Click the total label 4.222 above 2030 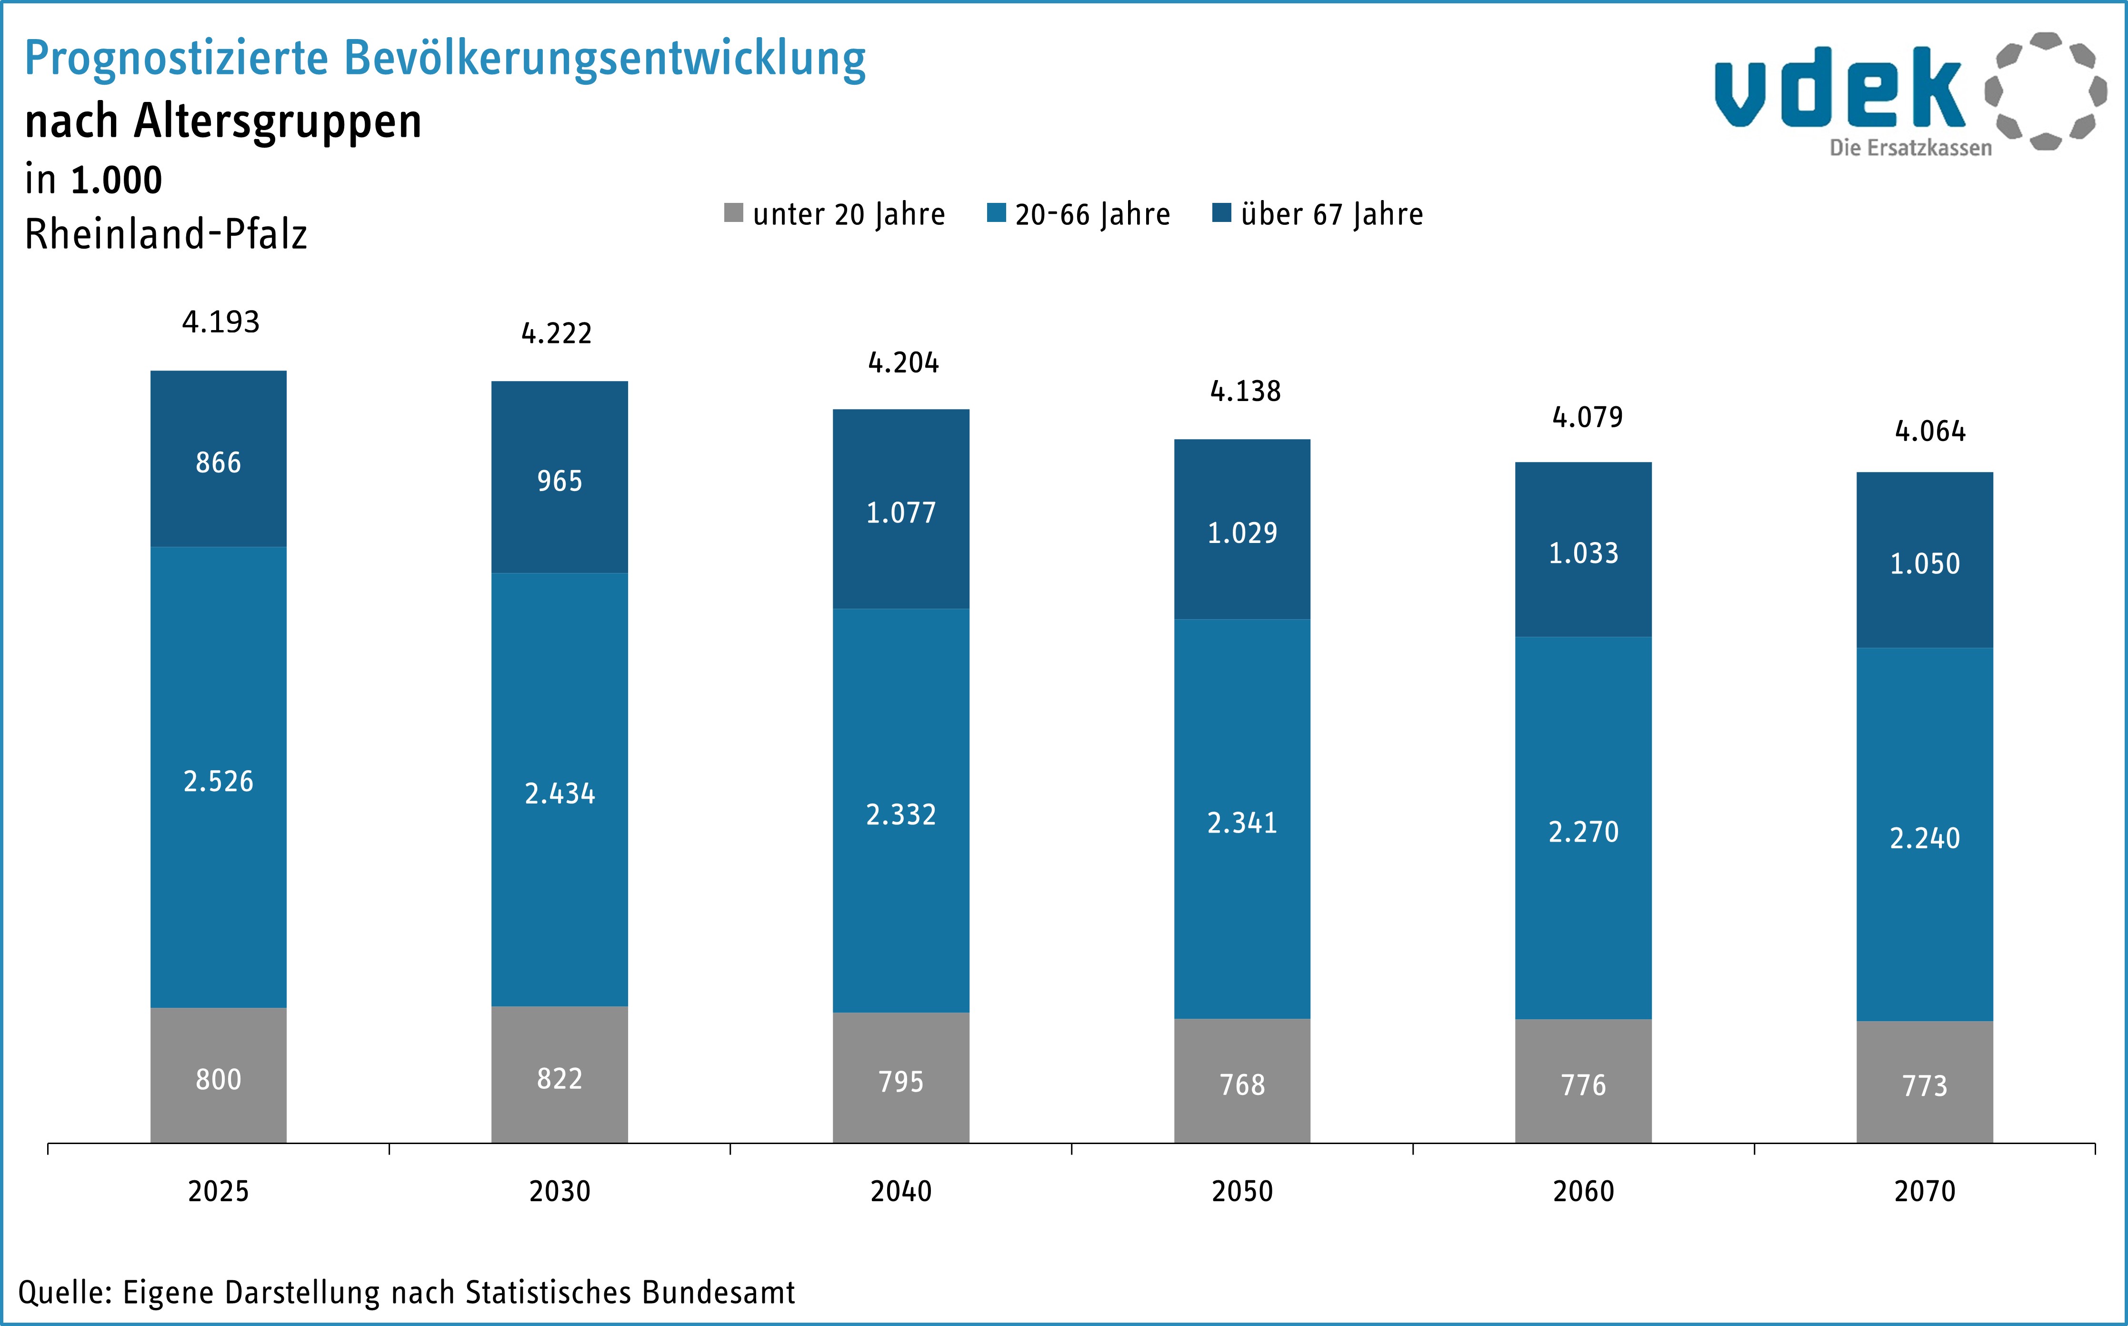click(557, 333)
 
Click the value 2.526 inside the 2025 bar click(219, 781)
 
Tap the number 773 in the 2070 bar click(1925, 1085)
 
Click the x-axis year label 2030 click(559, 1191)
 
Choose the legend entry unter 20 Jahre click(848, 214)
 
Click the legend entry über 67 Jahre click(1331, 214)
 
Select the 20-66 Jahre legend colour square click(996, 213)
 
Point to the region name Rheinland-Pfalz click(166, 234)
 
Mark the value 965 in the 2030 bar click(559, 481)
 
